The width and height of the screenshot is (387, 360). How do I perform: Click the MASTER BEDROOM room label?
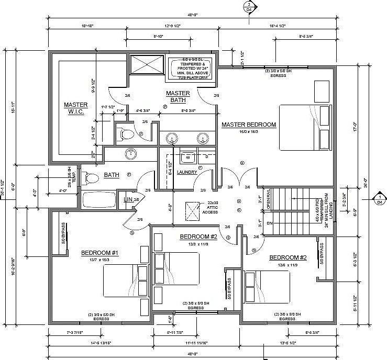(x=248, y=125)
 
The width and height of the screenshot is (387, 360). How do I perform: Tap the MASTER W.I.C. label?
(x=76, y=108)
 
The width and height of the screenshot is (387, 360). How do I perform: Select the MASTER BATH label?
(x=178, y=96)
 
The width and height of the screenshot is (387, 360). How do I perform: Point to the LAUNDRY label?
(x=187, y=172)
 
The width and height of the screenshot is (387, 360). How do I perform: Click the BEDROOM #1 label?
(x=100, y=253)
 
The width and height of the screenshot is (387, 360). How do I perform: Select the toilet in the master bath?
(x=124, y=134)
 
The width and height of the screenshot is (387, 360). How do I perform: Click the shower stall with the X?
(x=147, y=65)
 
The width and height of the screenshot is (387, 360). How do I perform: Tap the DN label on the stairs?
(x=270, y=223)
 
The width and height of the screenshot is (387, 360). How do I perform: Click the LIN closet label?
(x=127, y=200)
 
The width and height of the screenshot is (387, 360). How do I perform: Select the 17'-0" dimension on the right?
(x=357, y=127)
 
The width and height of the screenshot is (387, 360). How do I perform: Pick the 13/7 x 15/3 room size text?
(x=100, y=260)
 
